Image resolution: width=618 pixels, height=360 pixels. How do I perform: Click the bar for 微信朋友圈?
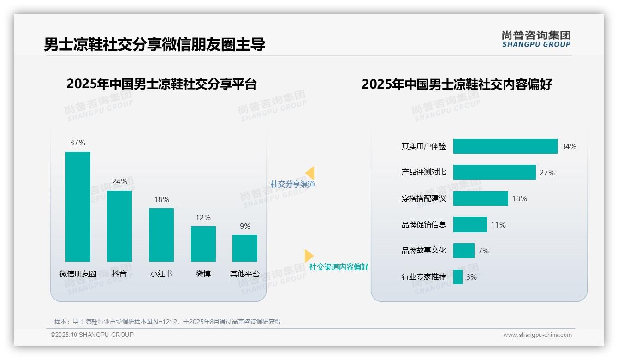(78, 207)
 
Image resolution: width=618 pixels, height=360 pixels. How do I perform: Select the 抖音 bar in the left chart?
(119, 226)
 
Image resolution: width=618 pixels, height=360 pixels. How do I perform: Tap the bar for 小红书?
(161, 235)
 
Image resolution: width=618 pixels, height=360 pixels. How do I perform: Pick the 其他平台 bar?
(245, 248)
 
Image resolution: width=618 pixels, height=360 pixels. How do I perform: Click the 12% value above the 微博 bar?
(203, 217)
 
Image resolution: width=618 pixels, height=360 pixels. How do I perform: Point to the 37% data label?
(78, 143)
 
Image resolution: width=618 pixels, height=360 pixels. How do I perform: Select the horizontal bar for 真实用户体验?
(505, 146)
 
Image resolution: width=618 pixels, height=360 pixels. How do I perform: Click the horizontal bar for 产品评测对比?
(494, 173)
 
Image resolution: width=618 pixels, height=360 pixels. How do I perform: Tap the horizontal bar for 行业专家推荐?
(458, 277)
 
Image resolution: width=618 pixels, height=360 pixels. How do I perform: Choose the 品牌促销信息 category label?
(424, 225)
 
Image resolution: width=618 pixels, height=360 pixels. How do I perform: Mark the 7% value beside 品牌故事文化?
(483, 251)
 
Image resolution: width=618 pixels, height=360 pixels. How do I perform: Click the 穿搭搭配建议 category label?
(424, 199)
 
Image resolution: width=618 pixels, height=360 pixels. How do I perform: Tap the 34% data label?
(569, 146)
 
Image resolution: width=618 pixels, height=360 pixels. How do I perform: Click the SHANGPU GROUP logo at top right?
(536, 39)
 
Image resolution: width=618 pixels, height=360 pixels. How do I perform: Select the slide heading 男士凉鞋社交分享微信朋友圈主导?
(154, 45)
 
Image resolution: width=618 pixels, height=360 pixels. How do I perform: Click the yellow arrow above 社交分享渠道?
(310, 173)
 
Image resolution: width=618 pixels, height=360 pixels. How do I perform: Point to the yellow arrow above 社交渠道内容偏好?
(309, 256)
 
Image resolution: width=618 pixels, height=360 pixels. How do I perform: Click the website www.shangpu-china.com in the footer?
(537, 335)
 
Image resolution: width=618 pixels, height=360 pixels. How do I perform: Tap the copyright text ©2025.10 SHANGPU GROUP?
(92, 335)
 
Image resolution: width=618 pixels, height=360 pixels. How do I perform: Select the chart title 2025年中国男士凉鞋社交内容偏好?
(457, 84)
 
